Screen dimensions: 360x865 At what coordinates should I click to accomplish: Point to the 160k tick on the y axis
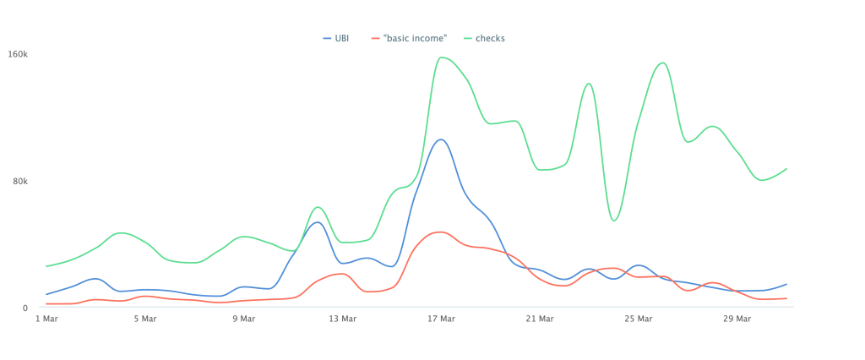[19, 54]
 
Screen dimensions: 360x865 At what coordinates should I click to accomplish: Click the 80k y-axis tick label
[20, 181]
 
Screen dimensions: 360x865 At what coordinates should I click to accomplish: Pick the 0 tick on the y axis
[25, 308]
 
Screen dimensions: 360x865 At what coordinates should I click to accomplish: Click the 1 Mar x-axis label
[46, 319]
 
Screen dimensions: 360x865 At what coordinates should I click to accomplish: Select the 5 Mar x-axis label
[145, 319]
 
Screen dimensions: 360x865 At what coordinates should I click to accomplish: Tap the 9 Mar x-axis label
[244, 319]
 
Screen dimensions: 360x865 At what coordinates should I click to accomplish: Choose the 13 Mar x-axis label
[343, 319]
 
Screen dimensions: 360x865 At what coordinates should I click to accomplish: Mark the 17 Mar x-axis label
[441, 319]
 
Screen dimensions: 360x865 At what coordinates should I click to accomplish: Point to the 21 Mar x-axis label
[540, 319]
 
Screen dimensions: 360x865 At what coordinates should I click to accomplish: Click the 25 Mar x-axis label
[639, 319]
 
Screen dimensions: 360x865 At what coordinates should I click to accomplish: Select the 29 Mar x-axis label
[737, 319]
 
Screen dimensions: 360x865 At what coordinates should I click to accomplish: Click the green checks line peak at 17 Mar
[442, 57]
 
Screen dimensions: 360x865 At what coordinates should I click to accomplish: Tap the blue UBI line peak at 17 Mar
[440, 139]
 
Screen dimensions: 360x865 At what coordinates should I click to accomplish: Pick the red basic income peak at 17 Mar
[440, 232]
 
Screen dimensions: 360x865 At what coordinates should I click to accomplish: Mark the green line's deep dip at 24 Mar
[614, 221]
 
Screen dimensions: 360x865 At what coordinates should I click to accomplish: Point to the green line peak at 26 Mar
[663, 63]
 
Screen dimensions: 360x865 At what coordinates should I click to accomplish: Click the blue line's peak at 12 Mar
[317, 222]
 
